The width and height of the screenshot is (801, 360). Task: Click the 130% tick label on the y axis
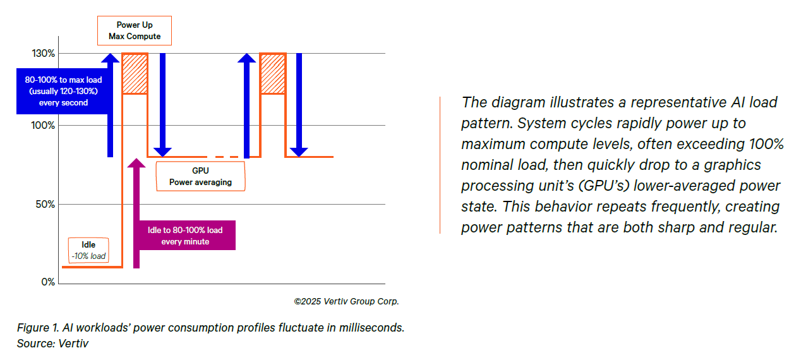click(x=43, y=54)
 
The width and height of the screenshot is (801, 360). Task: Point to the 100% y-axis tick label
click(x=43, y=125)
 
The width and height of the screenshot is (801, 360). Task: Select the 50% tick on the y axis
click(x=45, y=204)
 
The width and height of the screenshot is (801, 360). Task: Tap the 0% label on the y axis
click(x=48, y=282)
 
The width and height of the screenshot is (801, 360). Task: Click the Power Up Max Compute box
click(x=135, y=31)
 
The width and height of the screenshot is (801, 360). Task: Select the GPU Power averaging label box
click(x=200, y=176)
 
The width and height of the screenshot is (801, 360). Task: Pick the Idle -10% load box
click(x=88, y=251)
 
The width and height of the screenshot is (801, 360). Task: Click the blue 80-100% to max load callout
click(x=59, y=91)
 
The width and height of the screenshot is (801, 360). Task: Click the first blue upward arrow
click(x=111, y=104)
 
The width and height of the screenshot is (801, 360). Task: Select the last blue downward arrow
click(x=299, y=104)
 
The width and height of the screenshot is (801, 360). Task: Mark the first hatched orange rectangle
click(x=135, y=74)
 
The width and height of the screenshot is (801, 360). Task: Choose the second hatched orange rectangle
click(x=273, y=74)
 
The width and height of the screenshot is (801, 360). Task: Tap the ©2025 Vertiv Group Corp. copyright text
click(x=346, y=301)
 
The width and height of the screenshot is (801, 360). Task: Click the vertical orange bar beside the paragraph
click(x=440, y=165)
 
